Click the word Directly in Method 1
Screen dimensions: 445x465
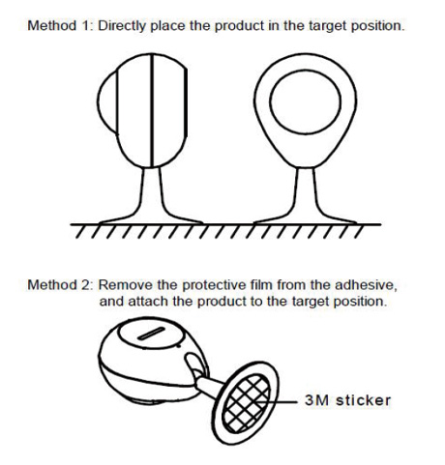coord(122,26)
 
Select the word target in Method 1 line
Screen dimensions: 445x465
coord(328,27)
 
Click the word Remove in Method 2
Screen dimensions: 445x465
coord(126,285)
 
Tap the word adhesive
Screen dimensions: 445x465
coord(366,285)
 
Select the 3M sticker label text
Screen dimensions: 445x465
coord(347,400)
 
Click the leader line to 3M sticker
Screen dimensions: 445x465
coord(276,402)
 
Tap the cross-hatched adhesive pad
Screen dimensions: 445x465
coord(247,403)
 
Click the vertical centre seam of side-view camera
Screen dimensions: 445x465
coord(152,110)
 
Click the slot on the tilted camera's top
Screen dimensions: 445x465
coord(151,334)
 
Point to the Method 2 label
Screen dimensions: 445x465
coord(60,285)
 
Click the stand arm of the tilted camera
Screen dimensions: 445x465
coord(209,386)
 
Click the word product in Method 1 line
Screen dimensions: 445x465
coord(239,27)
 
